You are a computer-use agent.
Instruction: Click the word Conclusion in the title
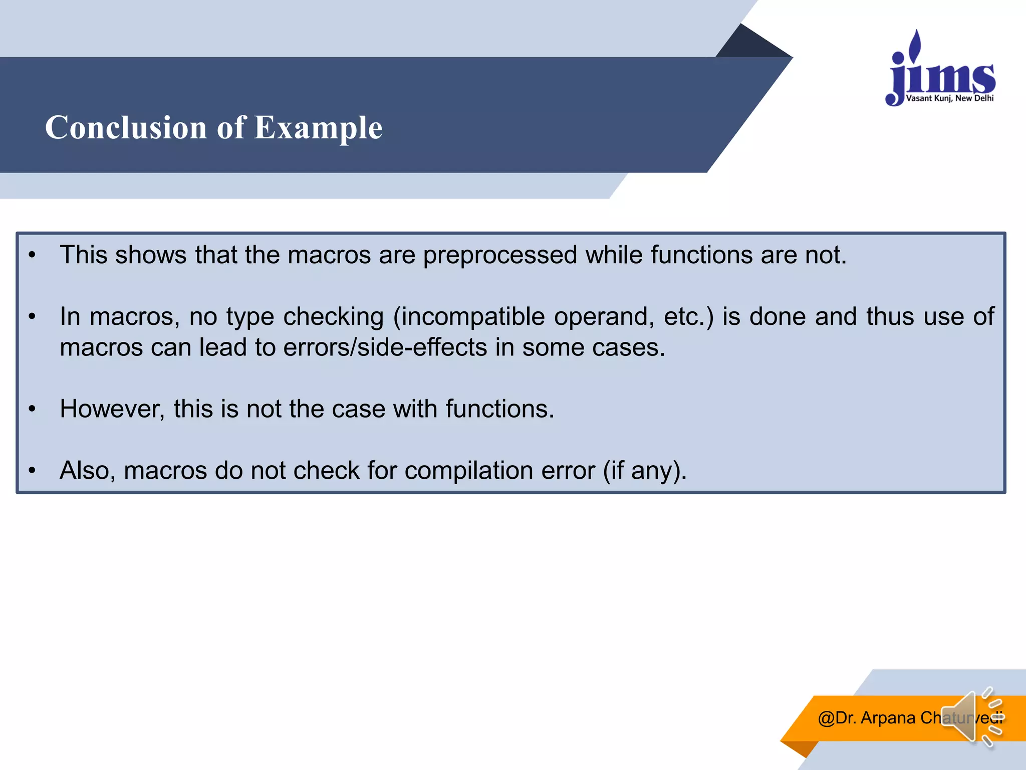[x=126, y=127]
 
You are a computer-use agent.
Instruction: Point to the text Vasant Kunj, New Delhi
[x=949, y=98]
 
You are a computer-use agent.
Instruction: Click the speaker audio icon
[x=969, y=717]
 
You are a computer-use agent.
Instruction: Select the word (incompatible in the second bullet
[x=469, y=317]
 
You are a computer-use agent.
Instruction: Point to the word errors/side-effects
[x=385, y=347]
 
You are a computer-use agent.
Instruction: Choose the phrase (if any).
[x=644, y=471]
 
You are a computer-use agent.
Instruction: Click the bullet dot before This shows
[x=32, y=255]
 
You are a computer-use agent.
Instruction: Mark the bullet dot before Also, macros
[x=32, y=471]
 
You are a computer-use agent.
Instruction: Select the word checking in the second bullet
[x=333, y=317]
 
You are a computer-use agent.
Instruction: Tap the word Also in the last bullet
[x=87, y=471]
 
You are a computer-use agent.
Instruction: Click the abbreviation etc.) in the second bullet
[x=688, y=317]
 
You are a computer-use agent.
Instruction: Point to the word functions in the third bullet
[x=499, y=409]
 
